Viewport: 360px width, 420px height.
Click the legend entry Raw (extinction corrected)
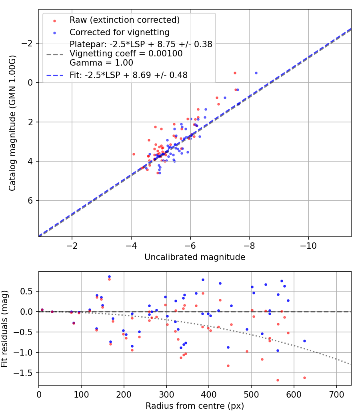124,20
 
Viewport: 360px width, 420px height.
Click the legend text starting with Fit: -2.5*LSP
128,74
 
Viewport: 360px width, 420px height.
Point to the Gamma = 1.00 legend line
101,63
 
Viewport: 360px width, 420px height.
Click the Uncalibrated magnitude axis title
195,257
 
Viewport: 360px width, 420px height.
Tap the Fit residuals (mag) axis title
5,328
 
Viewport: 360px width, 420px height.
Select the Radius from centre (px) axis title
195,406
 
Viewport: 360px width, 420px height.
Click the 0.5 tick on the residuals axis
29,291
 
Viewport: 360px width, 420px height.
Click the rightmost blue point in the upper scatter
256,73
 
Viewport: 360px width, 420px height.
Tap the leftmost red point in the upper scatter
134,154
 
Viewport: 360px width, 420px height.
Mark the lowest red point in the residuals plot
278,380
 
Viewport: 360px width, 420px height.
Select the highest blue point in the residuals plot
109,276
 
